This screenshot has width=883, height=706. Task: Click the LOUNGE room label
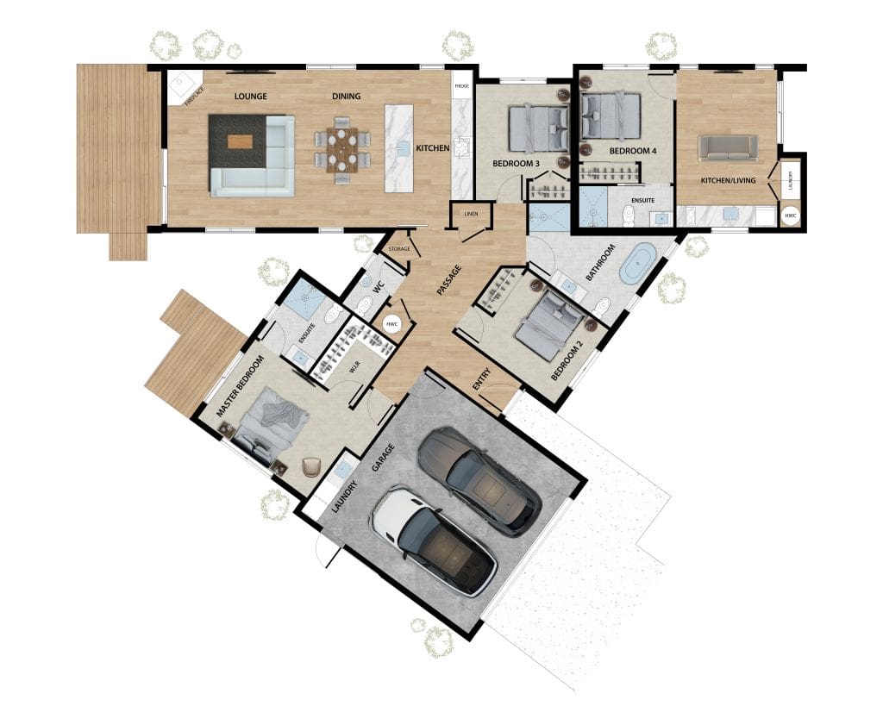pyautogui.click(x=250, y=96)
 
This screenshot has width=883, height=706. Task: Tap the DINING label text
pyautogui.click(x=346, y=96)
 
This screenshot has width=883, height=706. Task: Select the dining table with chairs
pyautogui.click(x=342, y=150)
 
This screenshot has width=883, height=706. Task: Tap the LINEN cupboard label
pyautogui.click(x=471, y=215)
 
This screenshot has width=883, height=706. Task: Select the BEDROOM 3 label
pyautogui.click(x=516, y=163)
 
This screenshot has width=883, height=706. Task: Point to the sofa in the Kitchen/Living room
pyautogui.click(x=728, y=147)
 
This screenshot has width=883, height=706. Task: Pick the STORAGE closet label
pyautogui.click(x=398, y=248)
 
